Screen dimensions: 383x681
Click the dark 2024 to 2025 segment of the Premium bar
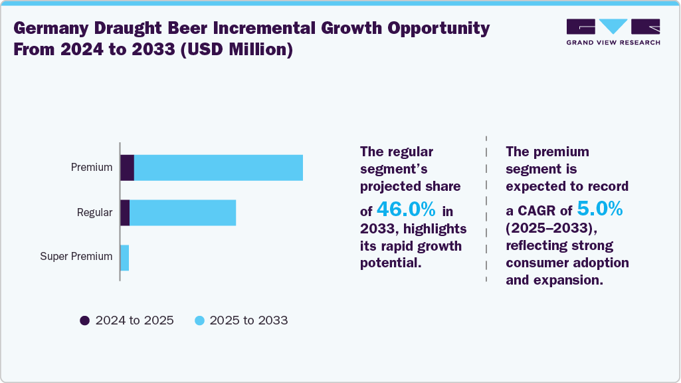[128, 168]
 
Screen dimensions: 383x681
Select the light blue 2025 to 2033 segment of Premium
[219, 168]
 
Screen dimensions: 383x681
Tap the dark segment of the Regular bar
[125, 213]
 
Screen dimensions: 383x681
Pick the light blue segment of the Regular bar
[183, 213]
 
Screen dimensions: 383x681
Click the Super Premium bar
[125, 257]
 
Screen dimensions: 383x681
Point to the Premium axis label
[92, 168]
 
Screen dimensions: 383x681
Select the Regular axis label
[94, 213]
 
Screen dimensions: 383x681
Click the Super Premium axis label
[76, 257]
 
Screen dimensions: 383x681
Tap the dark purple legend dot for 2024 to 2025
[84, 320]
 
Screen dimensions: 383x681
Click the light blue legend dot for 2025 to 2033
[199, 320]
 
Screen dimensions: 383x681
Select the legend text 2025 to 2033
[248, 320]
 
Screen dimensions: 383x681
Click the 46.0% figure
[406, 210]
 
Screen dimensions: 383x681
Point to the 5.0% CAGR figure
[599, 210]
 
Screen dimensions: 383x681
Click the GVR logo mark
[613, 27]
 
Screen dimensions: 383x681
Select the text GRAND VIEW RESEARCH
[613, 43]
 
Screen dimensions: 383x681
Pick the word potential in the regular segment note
[390, 263]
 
